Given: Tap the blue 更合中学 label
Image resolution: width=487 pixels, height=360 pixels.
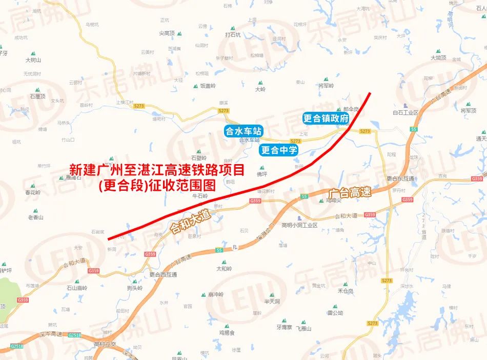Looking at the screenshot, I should pos(279,150).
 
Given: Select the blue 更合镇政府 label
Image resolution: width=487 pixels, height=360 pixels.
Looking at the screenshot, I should pos(326,118).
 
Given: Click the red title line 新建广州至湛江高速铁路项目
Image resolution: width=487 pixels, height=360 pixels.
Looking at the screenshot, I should pos(157,169).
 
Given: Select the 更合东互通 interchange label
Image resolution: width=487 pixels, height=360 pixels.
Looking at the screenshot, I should pos(400,179).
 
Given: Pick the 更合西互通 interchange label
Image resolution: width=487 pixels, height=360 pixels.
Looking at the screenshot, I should pos(163,274).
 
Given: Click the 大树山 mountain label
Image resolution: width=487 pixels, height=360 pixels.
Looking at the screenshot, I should pos(33,60).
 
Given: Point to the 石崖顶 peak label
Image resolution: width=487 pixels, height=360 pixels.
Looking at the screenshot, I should pos(37,96).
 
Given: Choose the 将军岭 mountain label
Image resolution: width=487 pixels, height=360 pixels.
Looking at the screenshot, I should pos(326,86).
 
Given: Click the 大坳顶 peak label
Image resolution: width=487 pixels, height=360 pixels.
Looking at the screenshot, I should pos(438,57).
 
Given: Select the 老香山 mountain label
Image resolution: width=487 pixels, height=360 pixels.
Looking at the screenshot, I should pos(36,217).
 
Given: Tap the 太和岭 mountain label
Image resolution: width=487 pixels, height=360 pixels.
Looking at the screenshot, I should pos(224,268).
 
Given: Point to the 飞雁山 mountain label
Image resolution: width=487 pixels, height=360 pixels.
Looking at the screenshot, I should pos(303,329).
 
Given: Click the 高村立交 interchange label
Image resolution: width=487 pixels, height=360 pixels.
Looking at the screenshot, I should pos(106,344).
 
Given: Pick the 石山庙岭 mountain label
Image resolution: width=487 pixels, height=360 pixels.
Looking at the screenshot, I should pos(76,288).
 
